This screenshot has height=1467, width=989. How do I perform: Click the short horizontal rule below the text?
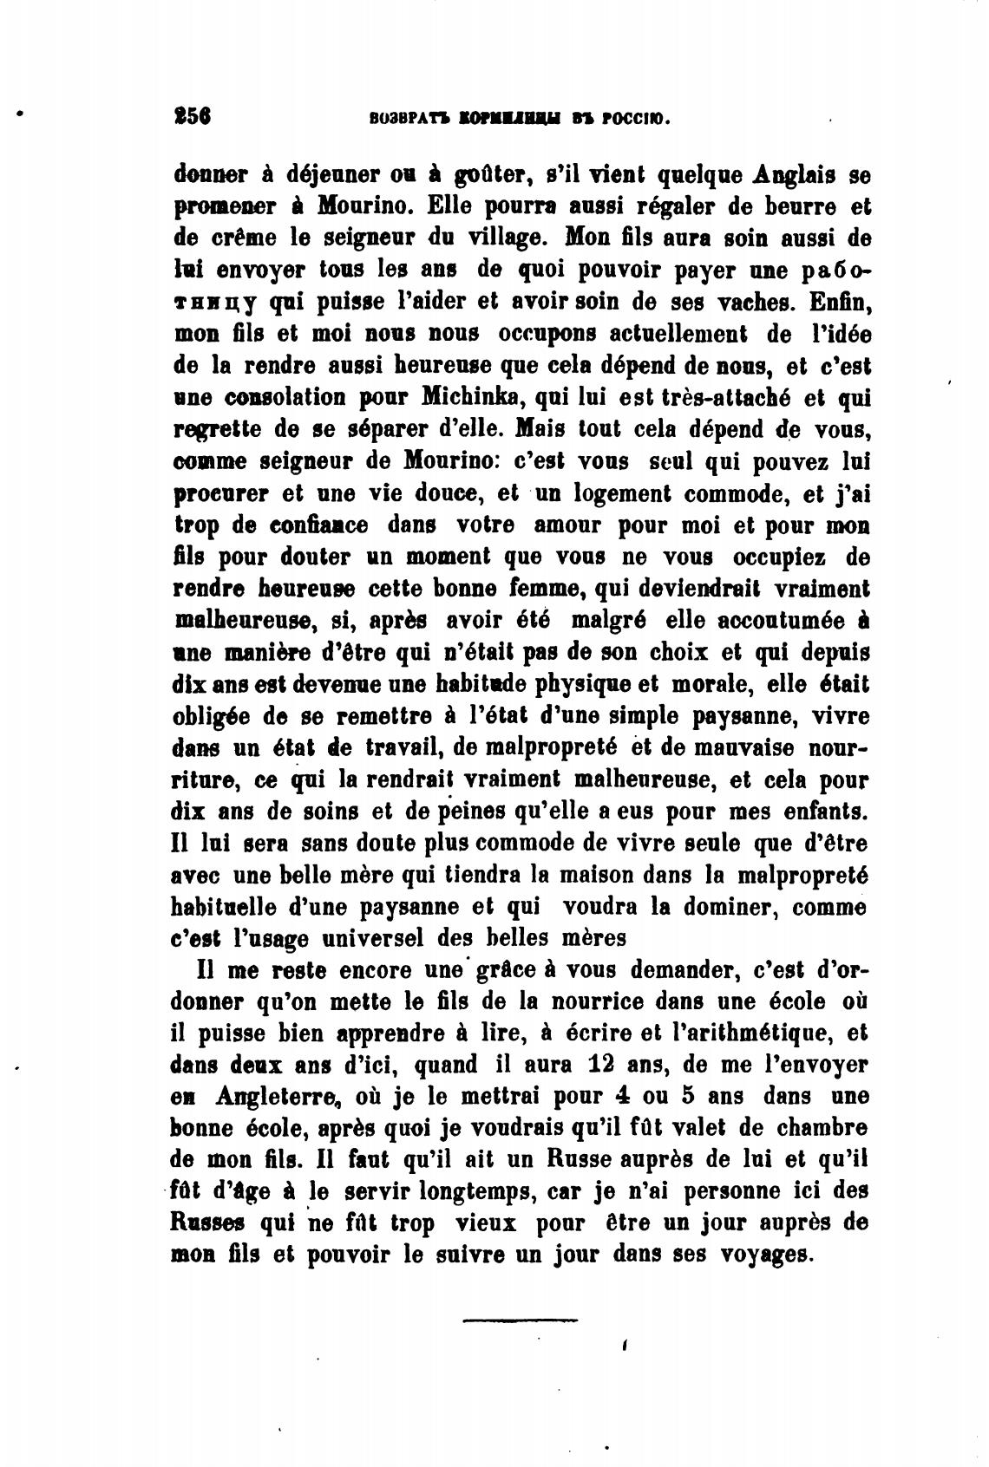click(519, 1321)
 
